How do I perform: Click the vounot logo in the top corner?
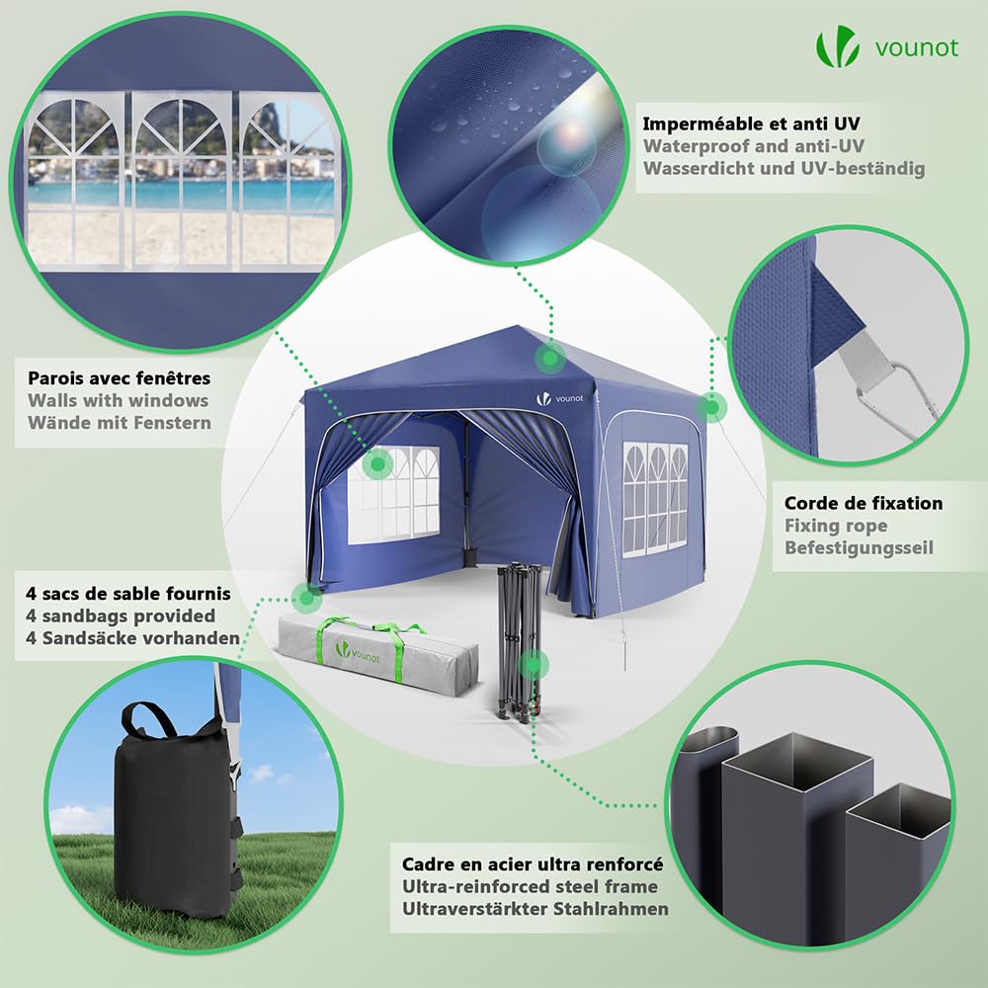(x=887, y=46)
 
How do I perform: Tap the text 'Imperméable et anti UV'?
(x=751, y=123)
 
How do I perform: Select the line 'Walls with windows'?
(x=118, y=400)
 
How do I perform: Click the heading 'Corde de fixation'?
(x=864, y=503)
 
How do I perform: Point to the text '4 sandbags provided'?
(x=121, y=616)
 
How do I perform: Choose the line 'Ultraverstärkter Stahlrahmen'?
(x=535, y=909)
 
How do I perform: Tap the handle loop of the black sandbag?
(x=148, y=719)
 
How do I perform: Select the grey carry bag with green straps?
(x=378, y=655)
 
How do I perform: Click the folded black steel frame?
(x=520, y=639)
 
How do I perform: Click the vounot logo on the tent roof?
(x=559, y=398)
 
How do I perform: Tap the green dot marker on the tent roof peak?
(x=550, y=358)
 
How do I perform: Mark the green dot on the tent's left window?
(x=378, y=464)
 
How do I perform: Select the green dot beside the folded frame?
(x=534, y=665)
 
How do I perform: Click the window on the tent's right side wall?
(x=655, y=500)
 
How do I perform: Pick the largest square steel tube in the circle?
(x=797, y=838)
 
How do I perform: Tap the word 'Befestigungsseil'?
(x=859, y=547)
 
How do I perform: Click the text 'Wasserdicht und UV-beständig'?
(x=783, y=168)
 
